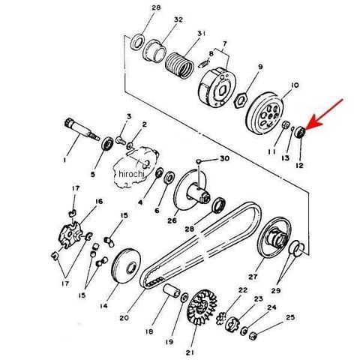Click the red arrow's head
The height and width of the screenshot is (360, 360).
click(310, 124)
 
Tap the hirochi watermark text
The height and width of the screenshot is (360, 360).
click(131, 173)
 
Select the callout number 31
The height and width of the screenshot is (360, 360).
click(201, 33)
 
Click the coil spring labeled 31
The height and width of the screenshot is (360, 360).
click(179, 65)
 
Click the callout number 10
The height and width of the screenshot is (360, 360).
click(295, 85)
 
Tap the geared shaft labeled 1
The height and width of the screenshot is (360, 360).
click(81, 129)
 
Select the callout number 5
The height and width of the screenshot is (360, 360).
click(93, 174)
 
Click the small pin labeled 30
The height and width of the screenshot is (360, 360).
click(199, 161)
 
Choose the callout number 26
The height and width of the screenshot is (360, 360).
click(172, 220)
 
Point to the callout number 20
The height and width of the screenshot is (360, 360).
click(124, 318)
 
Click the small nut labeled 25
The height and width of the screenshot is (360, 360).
click(253, 335)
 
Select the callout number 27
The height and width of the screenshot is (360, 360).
click(253, 277)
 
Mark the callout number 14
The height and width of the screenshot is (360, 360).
click(103, 306)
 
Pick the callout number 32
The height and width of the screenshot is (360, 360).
click(178, 19)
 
